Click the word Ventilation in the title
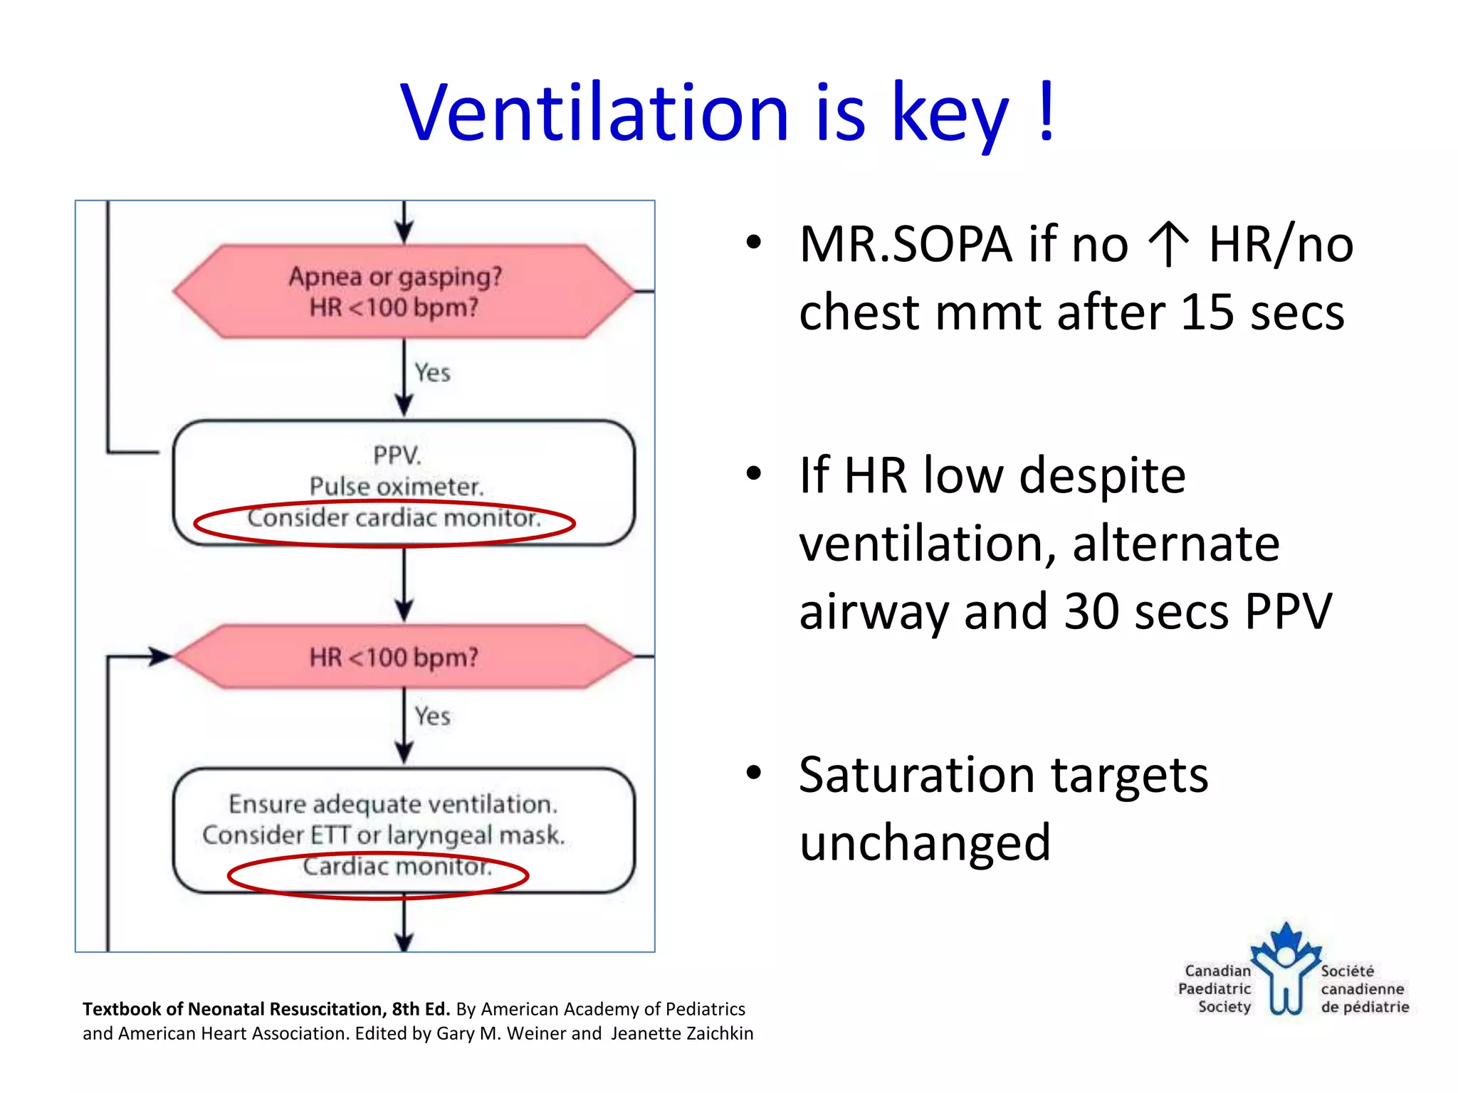(x=594, y=114)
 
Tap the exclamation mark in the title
(x=1046, y=112)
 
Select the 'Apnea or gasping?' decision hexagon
(x=403, y=291)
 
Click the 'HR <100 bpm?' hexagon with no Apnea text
(x=403, y=657)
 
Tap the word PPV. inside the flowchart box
(x=397, y=455)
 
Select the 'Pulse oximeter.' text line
(x=397, y=487)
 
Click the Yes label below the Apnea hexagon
(x=432, y=373)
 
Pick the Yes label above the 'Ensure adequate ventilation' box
(x=432, y=717)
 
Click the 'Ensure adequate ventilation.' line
(x=392, y=804)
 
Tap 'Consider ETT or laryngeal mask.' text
(x=383, y=835)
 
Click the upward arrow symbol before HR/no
(x=1168, y=244)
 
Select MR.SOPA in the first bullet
(x=905, y=244)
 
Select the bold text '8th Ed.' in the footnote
(x=421, y=1009)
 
